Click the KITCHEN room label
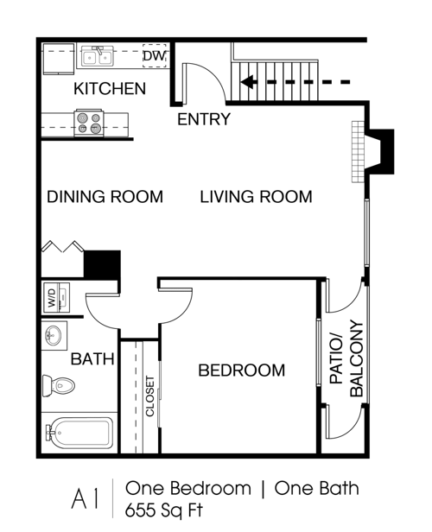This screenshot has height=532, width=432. point(110,89)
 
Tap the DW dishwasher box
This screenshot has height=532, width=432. point(154,57)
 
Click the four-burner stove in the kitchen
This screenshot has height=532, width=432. point(89,122)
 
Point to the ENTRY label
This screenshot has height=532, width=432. point(204,119)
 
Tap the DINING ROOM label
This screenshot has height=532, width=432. point(105,197)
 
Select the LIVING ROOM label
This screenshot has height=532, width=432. point(256,197)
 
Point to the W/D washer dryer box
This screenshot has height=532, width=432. point(52,301)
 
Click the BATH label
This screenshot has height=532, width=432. point(92,358)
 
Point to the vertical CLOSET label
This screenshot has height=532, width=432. point(150,396)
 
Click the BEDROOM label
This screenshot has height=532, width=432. point(241,370)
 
